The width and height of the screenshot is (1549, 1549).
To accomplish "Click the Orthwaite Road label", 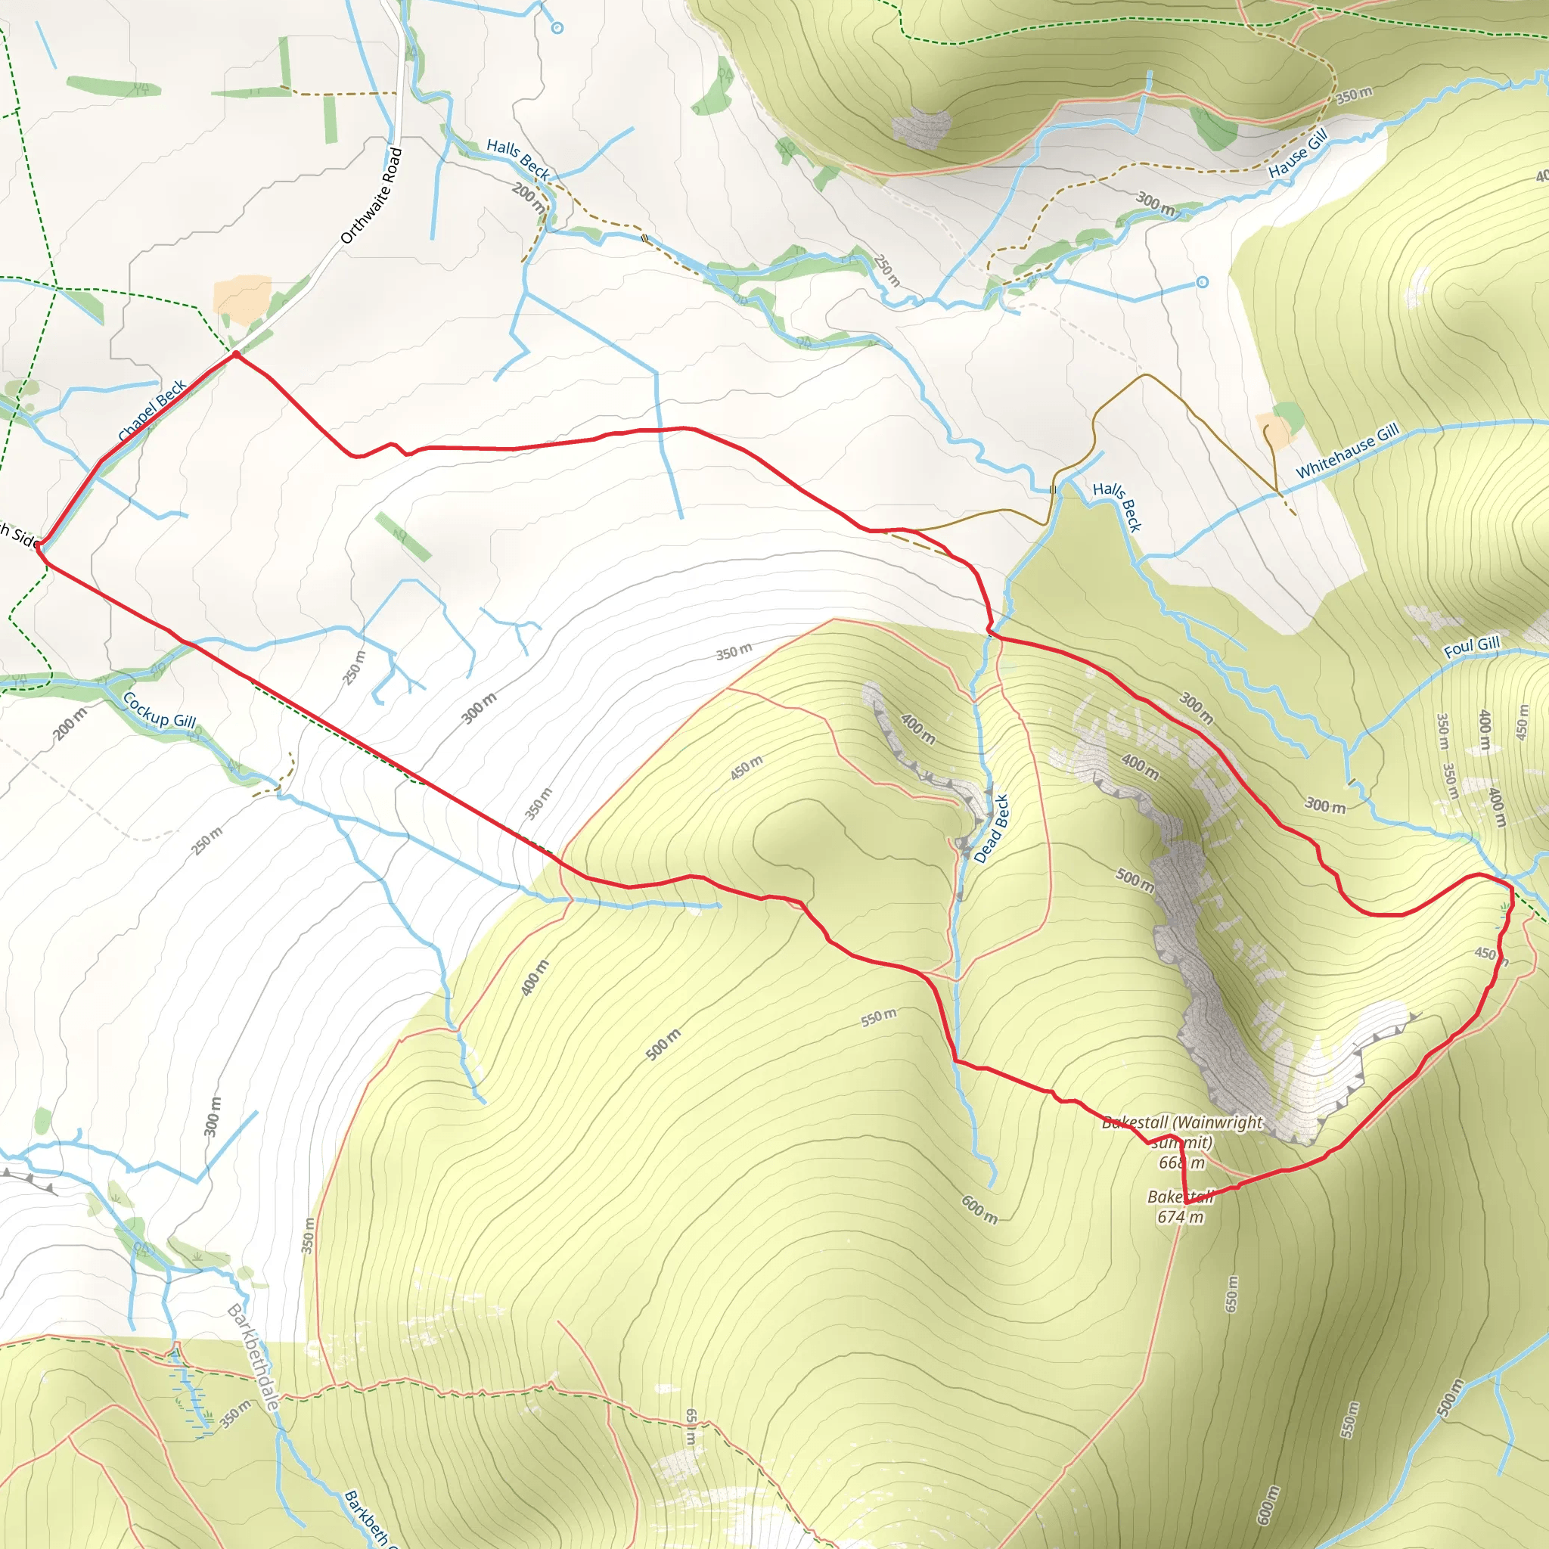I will [x=371, y=197].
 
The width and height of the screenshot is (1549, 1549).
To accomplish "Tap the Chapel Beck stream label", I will [x=151, y=411].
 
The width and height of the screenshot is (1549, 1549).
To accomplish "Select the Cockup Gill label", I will [x=159, y=711].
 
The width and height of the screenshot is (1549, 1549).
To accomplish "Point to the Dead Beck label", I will [x=991, y=828].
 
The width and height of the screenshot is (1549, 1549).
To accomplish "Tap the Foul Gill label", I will [x=1471, y=647].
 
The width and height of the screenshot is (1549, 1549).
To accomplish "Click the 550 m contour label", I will [x=879, y=1017].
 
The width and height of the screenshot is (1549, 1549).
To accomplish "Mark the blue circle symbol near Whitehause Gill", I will [x=1202, y=282].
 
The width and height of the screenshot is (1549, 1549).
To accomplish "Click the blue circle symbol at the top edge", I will [x=557, y=28].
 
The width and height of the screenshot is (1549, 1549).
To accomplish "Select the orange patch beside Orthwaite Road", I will [x=242, y=294].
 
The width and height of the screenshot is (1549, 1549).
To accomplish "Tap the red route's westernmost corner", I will [x=38, y=548].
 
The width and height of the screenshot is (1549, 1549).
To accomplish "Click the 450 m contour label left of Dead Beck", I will [x=747, y=768].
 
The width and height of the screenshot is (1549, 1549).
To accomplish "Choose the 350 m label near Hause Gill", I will [x=1354, y=95].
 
